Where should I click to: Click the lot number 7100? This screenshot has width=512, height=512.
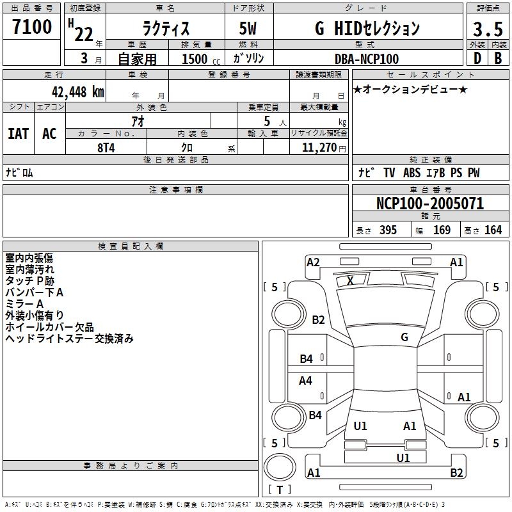(x=32, y=27)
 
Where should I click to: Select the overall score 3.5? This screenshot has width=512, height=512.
(x=488, y=29)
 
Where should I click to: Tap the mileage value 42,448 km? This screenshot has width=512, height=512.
(x=78, y=92)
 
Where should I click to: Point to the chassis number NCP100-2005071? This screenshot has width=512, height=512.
(x=430, y=204)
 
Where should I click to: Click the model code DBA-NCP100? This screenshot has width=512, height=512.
(x=367, y=59)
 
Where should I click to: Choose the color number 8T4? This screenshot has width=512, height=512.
(x=106, y=148)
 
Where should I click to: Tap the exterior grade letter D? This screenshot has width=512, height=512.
(x=477, y=58)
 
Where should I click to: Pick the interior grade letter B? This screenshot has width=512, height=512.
(x=498, y=58)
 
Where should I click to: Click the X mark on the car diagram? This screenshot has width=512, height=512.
(x=350, y=280)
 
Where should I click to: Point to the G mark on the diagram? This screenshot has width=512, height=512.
(x=404, y=337)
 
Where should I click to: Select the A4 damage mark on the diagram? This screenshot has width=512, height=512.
(x=305, y=380)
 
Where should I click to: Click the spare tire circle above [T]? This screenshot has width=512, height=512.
(x=280, y=467)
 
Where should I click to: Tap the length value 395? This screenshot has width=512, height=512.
(x=388, y=230)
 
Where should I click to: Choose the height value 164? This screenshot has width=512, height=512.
(x=493, y=230)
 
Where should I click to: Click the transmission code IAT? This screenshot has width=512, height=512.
(x=19, y=134)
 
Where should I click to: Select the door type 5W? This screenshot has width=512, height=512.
(x=248, y=28)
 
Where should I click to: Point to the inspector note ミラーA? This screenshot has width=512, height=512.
(x=24, y=304)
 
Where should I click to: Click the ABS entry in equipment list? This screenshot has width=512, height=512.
(x=412, y=173)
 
